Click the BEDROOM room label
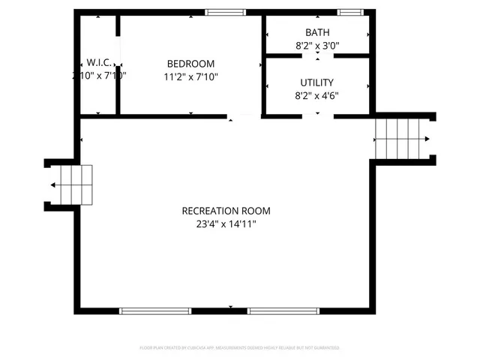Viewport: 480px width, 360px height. coord(190,64)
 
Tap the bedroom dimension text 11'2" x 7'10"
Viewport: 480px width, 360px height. coord(190,76)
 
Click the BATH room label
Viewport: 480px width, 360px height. coord(316,32)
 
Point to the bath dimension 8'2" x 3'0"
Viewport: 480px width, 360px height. coord(316,45)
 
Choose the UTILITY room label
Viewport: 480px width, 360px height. coord(316,82)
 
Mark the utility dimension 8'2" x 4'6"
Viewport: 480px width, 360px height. coord(316,95)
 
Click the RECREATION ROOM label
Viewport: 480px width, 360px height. coord(226,211)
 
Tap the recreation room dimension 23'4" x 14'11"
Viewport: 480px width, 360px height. coord(226,223)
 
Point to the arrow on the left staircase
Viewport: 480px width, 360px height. coord(54,185)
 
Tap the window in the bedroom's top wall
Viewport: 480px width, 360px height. coord(226,12)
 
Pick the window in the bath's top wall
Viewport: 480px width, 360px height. coord(348,12)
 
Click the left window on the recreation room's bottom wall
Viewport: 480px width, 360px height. coord(156,310)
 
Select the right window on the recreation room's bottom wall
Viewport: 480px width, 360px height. coord(283,310)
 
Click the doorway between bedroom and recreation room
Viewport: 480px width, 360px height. coord(244,116)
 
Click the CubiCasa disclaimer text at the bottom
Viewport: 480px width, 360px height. coord(240,348)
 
